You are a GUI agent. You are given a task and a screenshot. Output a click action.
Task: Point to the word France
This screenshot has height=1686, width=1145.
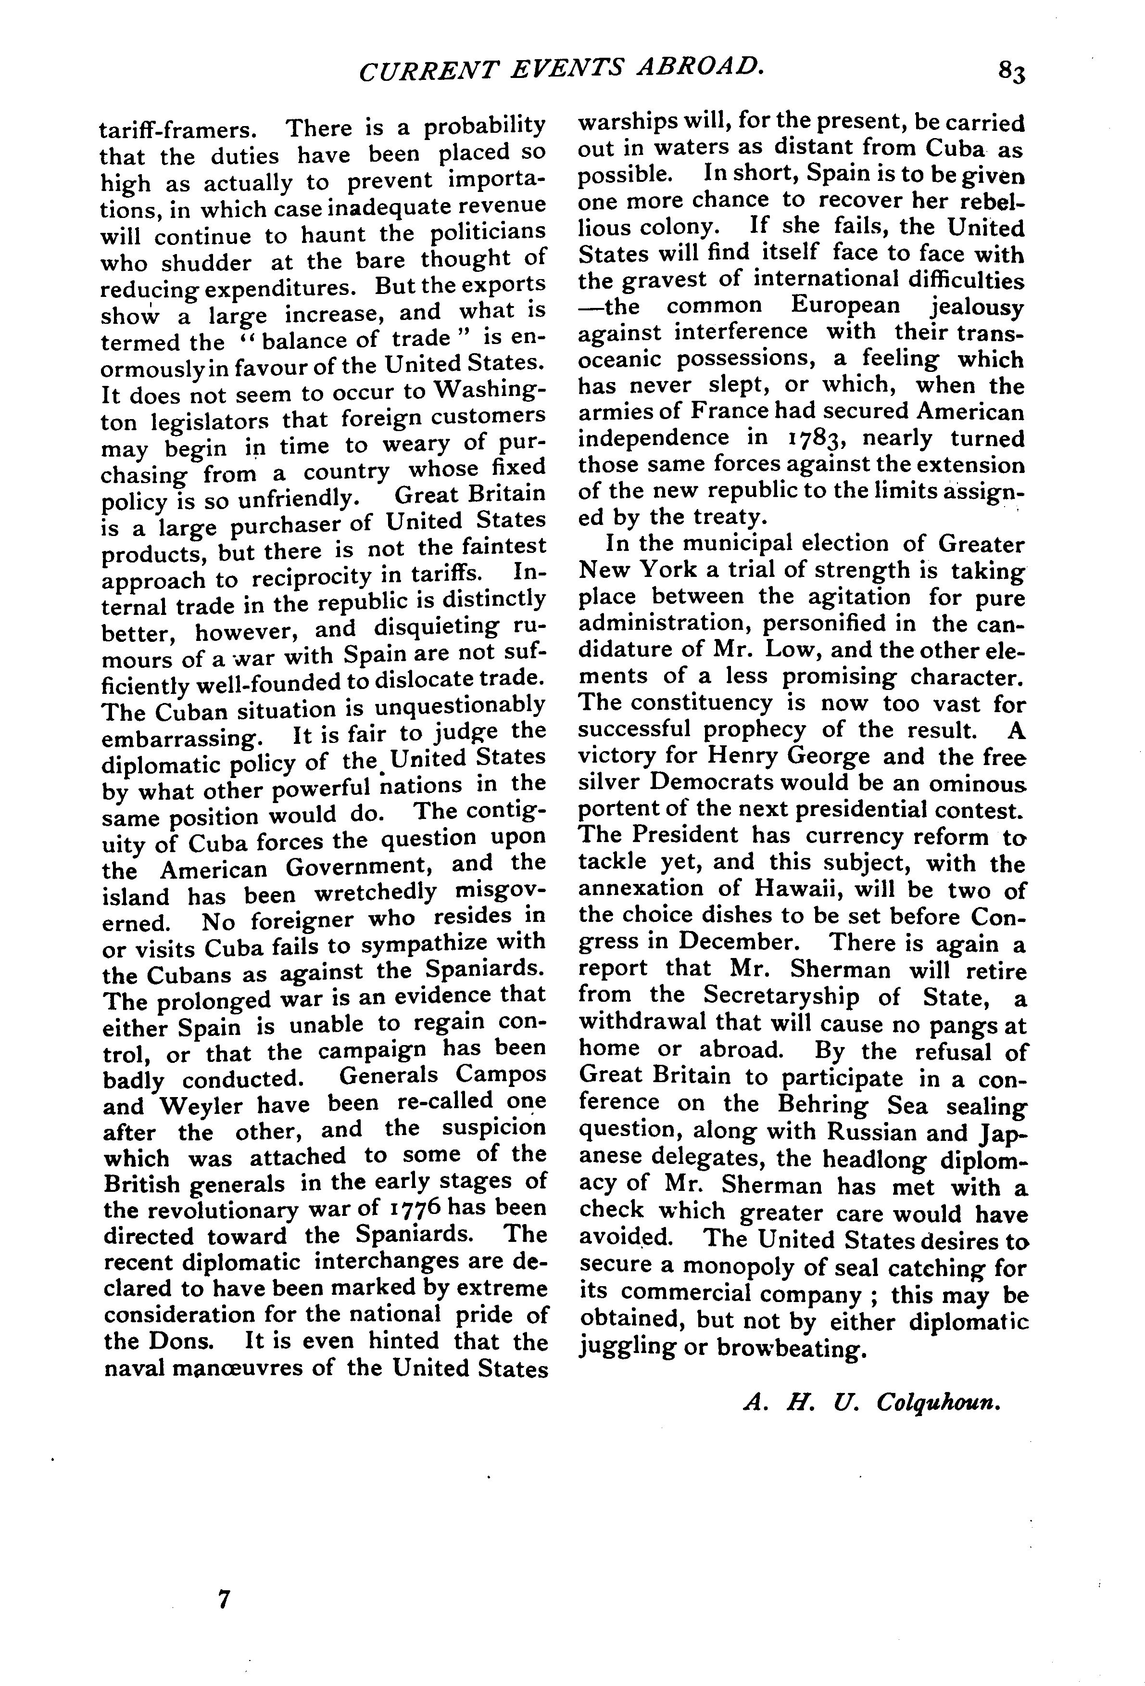pos(727,412)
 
